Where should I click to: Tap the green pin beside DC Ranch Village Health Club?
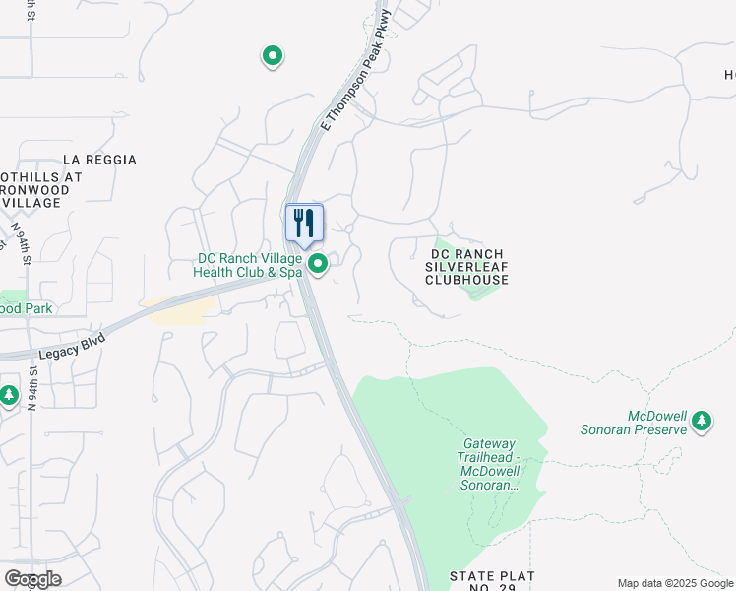[x=318, y=263]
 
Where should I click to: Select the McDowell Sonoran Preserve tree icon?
[x=701, y=421]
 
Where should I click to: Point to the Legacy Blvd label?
[x=72, y=344]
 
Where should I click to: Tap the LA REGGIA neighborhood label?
[x=99, y=160]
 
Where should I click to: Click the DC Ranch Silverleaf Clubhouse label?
[x=467, y=267]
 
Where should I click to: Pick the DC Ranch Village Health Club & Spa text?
[x=248, y=266]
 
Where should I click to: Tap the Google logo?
[x=32, y=579]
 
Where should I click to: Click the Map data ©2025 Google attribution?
[x=676, y=583]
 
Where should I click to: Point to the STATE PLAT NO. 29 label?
[x=492, y=581]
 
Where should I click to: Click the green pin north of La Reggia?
[x=273, y=56]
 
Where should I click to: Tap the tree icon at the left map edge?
[x=9, y=395]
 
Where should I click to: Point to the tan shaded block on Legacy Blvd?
[x=180, y=311]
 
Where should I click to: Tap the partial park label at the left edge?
[x=26, y=308]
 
